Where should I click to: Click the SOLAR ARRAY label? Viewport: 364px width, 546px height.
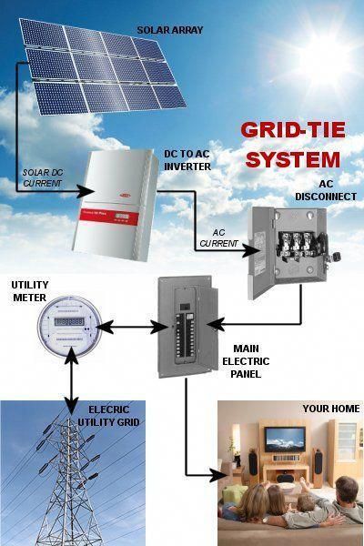click(170, 30)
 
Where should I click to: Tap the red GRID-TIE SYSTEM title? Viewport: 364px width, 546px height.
click(293, 145)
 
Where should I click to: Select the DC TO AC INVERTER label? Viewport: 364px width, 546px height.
click(187, 160)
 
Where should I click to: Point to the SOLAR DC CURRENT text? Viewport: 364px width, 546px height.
click(43, 177)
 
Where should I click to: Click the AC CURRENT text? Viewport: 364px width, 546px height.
click(218, 238)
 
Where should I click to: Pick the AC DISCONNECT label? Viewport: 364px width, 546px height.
click(326, 190)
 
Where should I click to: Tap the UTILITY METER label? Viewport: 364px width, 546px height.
click(30, 291)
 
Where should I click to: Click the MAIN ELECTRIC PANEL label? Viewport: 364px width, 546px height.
click(246, 361)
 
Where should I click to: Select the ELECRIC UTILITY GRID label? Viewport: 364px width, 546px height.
click(108, 416)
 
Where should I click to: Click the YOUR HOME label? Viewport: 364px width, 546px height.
click(331, 409)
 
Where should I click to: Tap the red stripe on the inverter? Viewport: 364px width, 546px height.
click(108, 217)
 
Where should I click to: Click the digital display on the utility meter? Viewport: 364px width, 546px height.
click(69, 321)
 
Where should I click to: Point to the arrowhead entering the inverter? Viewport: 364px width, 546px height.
click(86, 191)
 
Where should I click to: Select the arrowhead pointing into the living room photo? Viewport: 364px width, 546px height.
click(219, 475)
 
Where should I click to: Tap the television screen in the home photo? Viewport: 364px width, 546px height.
click(285, 440)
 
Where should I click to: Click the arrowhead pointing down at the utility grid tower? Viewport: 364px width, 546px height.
click(71, 405)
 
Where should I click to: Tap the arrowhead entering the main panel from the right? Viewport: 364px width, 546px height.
click(216, 324)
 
